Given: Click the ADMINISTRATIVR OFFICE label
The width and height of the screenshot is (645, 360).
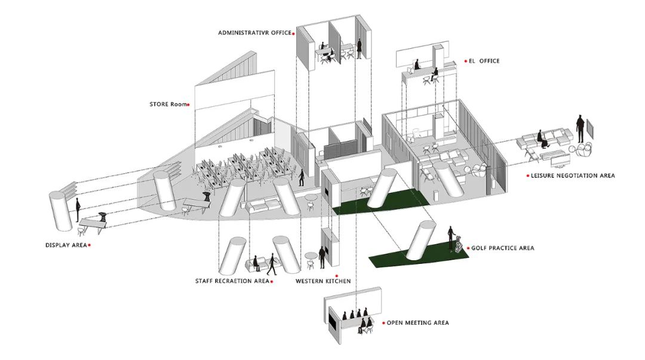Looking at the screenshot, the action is click(x=254, y=32).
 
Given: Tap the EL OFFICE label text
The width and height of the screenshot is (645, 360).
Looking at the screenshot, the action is click(x=484, y=61).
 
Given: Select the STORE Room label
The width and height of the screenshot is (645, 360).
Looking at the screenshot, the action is click(x=168, y=104).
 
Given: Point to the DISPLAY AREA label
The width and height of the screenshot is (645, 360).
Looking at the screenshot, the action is click(x=66, y=245).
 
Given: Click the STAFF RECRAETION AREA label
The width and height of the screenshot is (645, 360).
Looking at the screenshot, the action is click(x=232, y=281).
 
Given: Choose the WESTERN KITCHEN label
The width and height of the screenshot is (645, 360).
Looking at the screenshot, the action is click(x=323, y=281).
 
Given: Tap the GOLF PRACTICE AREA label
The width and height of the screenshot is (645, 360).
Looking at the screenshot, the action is click(x=503, y=248).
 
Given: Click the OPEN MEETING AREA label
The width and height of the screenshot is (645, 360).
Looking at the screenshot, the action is click(x=417, y=322).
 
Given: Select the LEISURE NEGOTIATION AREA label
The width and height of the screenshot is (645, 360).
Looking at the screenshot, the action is click(x=573, y=176).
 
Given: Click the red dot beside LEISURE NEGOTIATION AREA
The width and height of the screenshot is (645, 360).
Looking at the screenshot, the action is click(x=528, y=176).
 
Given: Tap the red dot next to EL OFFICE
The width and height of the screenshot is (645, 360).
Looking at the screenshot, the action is click(x=466, y=61).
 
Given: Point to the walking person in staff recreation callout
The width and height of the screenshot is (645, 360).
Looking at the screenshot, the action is click(x=272, y=264).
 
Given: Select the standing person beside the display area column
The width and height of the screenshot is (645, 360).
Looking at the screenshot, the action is click(x=77, y=210).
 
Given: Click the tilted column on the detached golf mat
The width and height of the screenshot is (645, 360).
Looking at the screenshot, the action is click(x=420, y=240).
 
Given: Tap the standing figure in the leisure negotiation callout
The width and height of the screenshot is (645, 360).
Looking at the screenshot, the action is click(x=580, y=128).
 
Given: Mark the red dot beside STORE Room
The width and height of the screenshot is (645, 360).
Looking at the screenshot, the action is click(x=188, y=105).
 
